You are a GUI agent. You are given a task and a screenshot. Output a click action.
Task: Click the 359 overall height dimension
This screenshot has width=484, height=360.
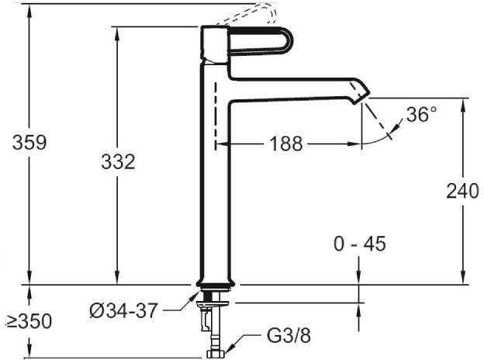[x=29, y=142]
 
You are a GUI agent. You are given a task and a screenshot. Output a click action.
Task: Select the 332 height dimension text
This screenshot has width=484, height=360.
[x=118, y=162]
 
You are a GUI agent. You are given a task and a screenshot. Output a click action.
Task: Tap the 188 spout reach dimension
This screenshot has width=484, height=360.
[x=286, y=144]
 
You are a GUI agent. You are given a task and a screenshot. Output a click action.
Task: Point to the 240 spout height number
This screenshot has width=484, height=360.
[x=462, y=191]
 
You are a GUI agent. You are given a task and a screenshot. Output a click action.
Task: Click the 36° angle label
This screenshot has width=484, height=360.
[x=421, y=114]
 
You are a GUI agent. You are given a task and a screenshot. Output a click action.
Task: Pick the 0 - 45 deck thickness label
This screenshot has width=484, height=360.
[x=360, y=244]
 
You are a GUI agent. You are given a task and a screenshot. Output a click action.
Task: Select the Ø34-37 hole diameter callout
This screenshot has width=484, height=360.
[x=124, y=310]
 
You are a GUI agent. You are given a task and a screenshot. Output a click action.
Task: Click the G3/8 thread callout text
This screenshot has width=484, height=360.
[x=289, y=335]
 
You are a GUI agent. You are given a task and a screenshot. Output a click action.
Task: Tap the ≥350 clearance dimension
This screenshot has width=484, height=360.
[x=29, y=321]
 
